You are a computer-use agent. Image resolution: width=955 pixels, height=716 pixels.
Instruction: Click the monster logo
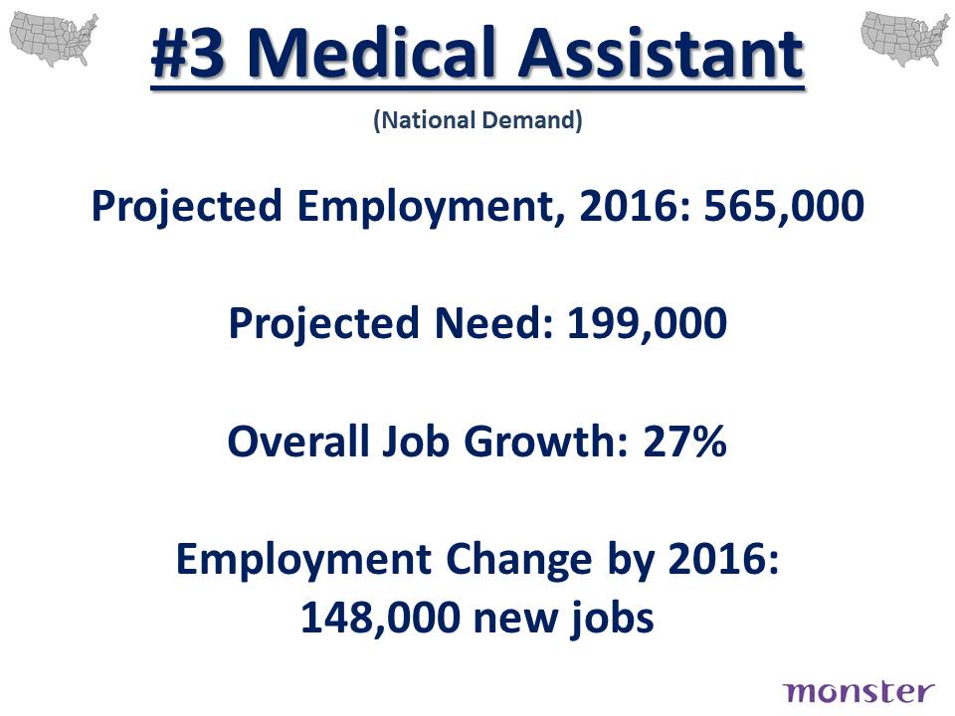(x=859, y=692)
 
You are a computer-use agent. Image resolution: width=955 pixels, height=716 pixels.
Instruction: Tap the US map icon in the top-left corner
(x=54, y=39)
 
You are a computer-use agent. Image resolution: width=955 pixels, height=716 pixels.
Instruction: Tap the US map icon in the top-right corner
(x=904, y=39)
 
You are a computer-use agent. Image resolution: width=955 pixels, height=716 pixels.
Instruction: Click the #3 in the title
(x=188, y=54)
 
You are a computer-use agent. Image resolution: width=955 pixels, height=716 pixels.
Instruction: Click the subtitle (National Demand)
(x=477, y=120)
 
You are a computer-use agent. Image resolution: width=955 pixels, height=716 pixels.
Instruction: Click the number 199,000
(x=647, y=322)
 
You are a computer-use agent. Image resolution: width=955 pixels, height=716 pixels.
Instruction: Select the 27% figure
(x=684, y=441)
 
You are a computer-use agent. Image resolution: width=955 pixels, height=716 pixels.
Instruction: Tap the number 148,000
(x=381, y=618)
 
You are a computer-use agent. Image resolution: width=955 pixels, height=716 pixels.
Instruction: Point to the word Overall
(x=298, y=441)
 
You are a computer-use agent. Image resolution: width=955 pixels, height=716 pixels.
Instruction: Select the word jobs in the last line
(x=612, y=618)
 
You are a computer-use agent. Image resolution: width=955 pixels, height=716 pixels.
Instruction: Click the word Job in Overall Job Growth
(x=416, y=441)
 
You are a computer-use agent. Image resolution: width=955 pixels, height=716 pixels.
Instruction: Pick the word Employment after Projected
(x=426, y=207)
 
